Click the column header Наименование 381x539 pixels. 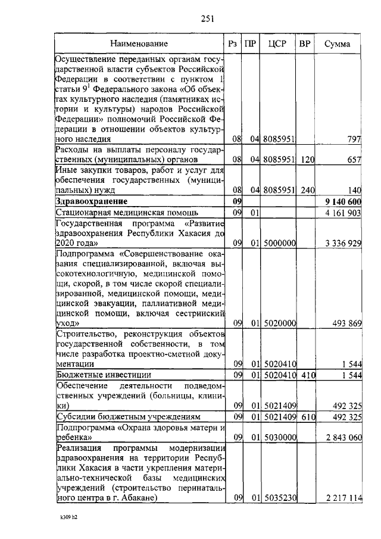tap(139, 43)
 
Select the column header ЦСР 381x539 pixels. tap(279, 43)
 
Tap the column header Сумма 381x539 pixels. tap(337, 43)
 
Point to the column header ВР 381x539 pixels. tap(305, 43)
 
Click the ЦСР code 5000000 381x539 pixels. tap(279, 244)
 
